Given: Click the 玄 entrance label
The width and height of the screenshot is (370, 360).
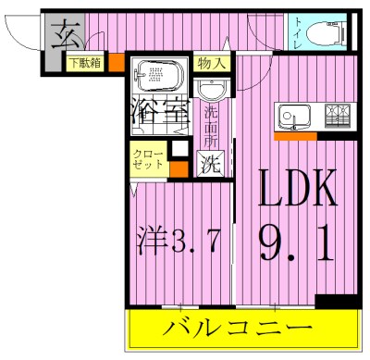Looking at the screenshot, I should click(63, 38).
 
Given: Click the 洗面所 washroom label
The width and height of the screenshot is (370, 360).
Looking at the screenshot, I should click(213, 129).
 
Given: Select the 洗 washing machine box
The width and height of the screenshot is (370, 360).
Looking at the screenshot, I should click(212, 165).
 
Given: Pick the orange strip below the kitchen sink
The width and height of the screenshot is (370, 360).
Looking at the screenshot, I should click(295, 136).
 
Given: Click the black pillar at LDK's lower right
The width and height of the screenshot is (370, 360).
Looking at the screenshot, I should click(328, 302).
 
